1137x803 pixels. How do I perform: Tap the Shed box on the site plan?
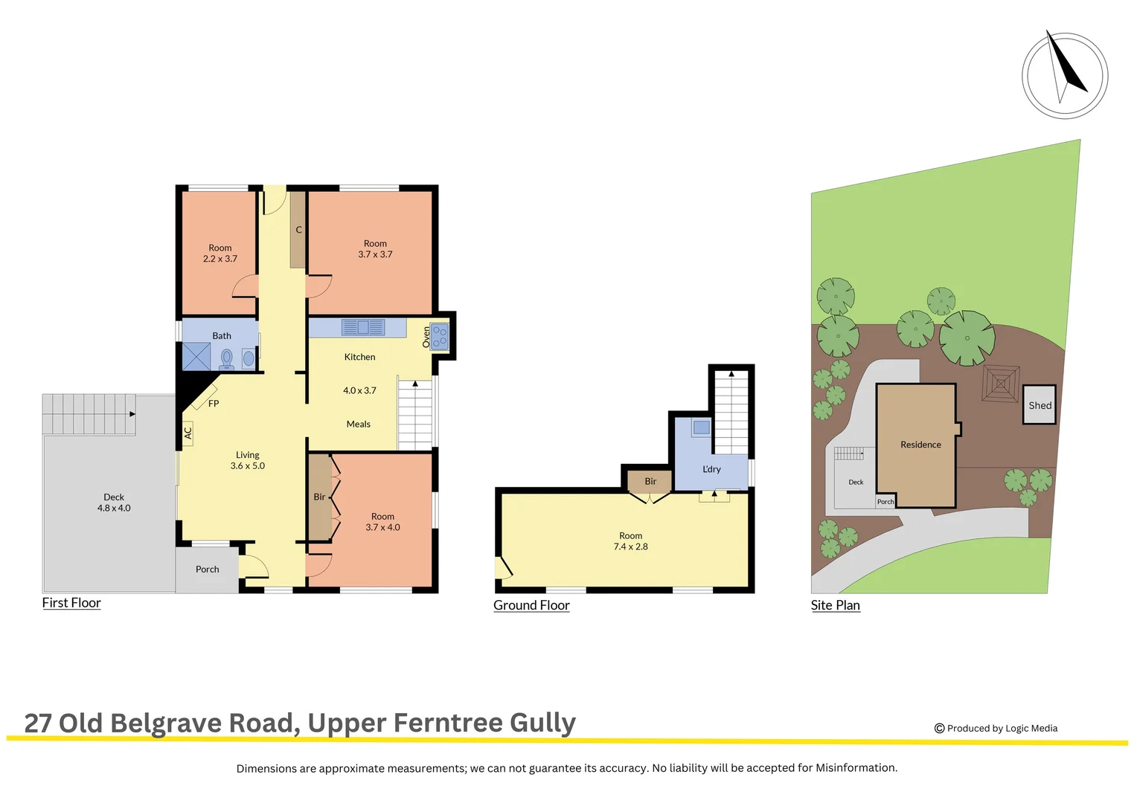(1040, 405)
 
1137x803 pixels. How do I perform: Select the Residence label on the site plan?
(920, 445)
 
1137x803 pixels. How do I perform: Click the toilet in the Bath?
(227, 358)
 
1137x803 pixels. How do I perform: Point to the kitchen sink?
(363, 327)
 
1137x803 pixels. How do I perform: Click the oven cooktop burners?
(440, 337)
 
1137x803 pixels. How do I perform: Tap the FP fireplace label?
(214, 404)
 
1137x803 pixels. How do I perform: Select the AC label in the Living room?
(188, 432)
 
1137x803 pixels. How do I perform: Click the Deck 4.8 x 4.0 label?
(114, 503)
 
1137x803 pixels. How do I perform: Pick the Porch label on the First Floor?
(207, 570)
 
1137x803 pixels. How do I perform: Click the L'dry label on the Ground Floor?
(711, 469)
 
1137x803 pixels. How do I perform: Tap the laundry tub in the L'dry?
(701, 428)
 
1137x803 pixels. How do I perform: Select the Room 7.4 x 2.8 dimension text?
(630, 546)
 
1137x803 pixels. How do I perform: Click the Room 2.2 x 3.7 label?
(220, 254)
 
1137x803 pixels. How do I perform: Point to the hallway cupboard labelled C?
(298, 230)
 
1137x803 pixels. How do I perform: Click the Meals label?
(358, 425)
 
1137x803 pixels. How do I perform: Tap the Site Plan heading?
(835, 605)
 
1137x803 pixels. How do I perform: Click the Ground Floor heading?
(531, 605)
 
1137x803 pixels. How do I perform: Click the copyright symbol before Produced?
(939, 729)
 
